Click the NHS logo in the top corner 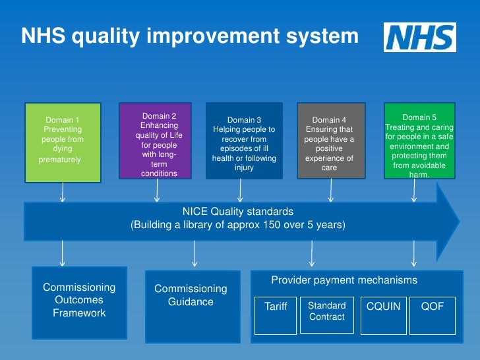419,38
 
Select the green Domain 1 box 63,141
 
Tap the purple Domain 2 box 155,140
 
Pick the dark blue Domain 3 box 244,140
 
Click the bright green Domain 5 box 419,140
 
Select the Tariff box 276,315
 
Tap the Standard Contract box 326,315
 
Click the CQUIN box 383,315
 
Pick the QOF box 432,315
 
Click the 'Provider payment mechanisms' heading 344,280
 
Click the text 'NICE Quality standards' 238,212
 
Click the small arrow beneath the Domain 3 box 240,191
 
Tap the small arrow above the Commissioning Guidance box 194,255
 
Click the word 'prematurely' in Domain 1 59,160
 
